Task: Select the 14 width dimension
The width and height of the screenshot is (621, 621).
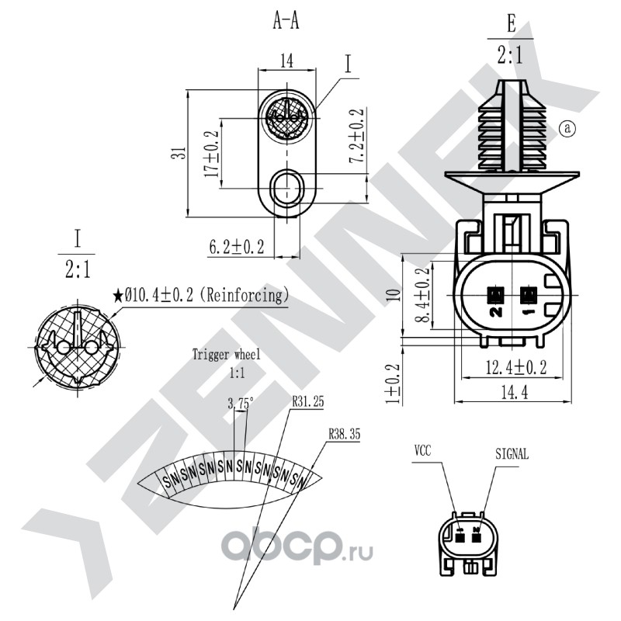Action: pyautogui.click(x=286, y=61)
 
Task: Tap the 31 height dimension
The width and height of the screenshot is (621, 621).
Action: pyautogui.click(x=179, y=153)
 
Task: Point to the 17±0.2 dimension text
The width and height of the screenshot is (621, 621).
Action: pyautogui.click(x=212, y=154)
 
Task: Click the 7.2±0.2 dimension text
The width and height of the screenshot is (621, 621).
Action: pyautogui.click(x=356, y=135)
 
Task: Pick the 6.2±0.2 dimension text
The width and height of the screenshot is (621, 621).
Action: pyautogui.click(x=237, y=247)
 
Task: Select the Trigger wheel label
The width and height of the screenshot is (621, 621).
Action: pyautogui.click(x=227, y=354)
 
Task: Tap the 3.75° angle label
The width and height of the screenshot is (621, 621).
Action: pyautogui.click(x=241, y=404)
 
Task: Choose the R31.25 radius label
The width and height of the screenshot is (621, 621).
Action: pyautogui.click(x=307, y=401)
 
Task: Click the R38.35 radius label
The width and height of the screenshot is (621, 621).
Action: pyautogui.click(x=345, y=434)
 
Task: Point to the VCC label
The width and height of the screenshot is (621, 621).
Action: pyautogui.click(x=422, y=451)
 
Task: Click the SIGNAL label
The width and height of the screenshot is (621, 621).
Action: pyautogui.click(x=512, y=454)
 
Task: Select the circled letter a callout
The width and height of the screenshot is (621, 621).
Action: pyautogui.click(x=567, y=128)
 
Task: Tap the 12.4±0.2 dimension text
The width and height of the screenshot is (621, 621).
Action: pyautogui.click(x=516, y=367)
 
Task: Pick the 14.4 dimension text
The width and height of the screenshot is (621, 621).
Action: pyautogui.click(x=515, y=393)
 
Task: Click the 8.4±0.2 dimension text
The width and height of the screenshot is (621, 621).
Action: pyautogui.click(x=424, y=295)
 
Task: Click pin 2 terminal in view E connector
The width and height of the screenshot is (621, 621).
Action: pyautogui.click(x=495, y=295)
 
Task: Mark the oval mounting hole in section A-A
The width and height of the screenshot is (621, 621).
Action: pyautogui.click(x=286, y=188)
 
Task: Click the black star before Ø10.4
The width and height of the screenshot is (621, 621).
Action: pyautogui.click(x=118, y=296)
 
